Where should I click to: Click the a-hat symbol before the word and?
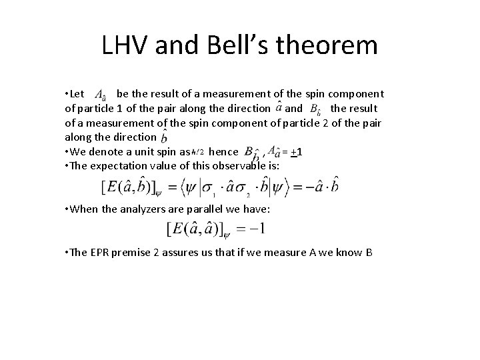(x=278, y=107)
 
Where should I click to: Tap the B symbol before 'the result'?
(x=318, y=108)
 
